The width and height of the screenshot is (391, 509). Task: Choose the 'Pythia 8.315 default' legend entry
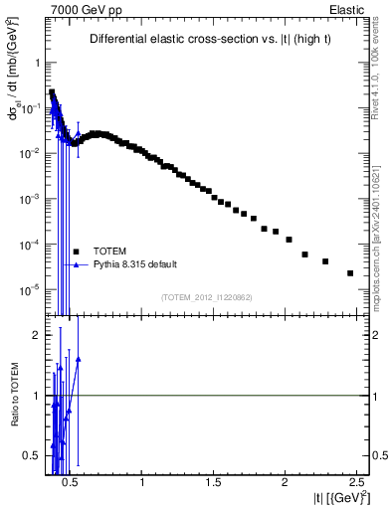tap(133, 264)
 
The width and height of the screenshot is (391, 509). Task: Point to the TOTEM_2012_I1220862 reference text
tap(208, 297)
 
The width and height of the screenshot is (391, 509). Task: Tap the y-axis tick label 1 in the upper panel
tap(34, 62)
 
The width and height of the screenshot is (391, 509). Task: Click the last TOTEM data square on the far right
tap(350, 273)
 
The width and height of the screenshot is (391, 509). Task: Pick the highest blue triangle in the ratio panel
tap(78, 359)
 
